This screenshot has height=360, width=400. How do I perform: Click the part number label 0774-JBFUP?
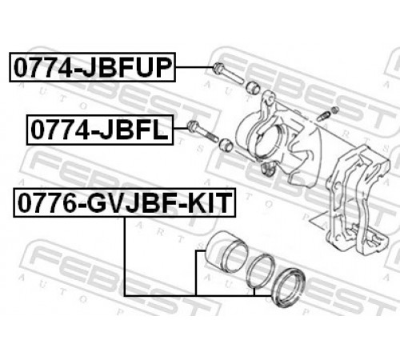92,67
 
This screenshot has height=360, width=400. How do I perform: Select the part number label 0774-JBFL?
100,130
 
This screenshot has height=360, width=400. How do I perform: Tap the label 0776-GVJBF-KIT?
125,202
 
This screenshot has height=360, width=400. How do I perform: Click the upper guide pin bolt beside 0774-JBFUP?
227,74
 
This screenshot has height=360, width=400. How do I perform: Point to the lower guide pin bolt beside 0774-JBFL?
203,131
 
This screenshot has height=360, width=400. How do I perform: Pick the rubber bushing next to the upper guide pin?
253,87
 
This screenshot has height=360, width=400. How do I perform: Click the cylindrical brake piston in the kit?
227,252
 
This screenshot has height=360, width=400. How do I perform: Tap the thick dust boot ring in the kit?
288,287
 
